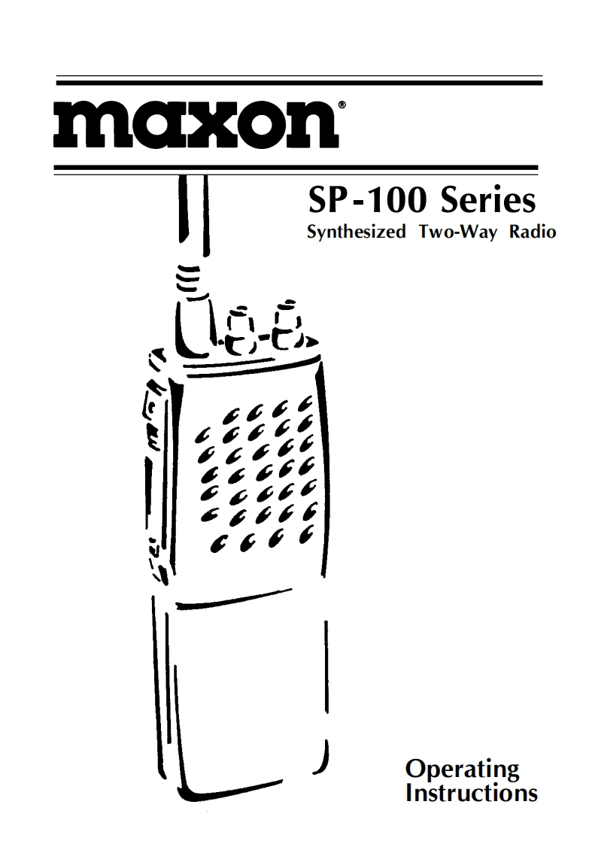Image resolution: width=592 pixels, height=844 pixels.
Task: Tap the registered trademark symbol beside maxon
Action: [342, 107]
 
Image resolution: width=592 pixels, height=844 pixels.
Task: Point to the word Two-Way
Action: [454, 232]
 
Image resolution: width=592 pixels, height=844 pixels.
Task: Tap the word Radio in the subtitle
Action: [532, 232]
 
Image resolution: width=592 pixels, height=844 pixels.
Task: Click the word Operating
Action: [462, 770]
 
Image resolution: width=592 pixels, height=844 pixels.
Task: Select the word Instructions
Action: [471, 793]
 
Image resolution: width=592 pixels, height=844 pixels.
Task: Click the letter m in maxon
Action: [87, 126]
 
